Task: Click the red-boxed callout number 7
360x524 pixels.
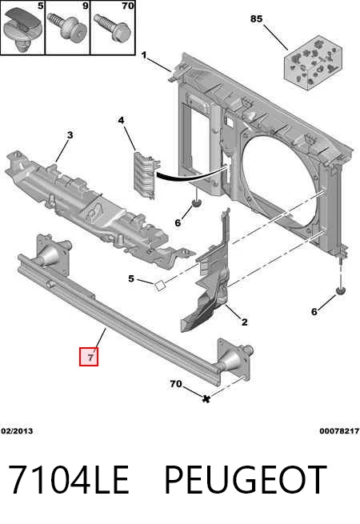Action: [89, 357]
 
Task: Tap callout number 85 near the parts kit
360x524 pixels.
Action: [256, 18]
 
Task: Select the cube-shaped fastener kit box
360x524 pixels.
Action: [314, 63]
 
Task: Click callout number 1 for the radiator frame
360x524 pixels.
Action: [144, 55]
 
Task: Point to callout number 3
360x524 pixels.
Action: [70, 135]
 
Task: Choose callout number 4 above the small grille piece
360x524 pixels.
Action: [121, 120]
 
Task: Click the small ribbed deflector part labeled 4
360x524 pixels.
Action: [146, 175]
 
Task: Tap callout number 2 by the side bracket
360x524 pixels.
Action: [245, 322]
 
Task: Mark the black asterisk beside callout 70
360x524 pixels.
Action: [206, 398]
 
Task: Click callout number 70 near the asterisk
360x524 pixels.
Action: [176, 384]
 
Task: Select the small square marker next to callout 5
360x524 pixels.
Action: [159, 286]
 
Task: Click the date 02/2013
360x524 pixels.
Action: [17, 431]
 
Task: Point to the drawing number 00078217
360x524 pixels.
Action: [339, 431]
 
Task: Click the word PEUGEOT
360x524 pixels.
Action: [246, 480]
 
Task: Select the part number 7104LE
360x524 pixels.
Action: [69, 480]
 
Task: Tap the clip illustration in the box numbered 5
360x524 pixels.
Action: [22, 30]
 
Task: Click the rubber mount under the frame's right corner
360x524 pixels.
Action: [341, 291]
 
